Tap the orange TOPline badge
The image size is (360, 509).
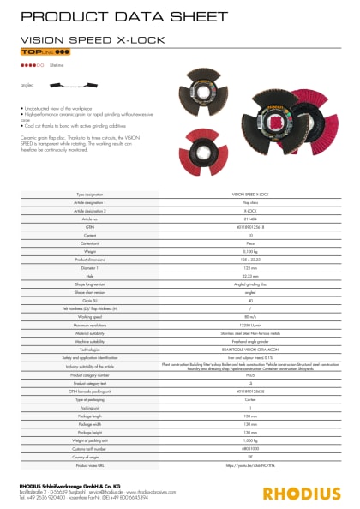tap(39, 53)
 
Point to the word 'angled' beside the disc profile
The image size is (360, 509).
tap(27, 86)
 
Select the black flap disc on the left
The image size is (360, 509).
tap(206, 89)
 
